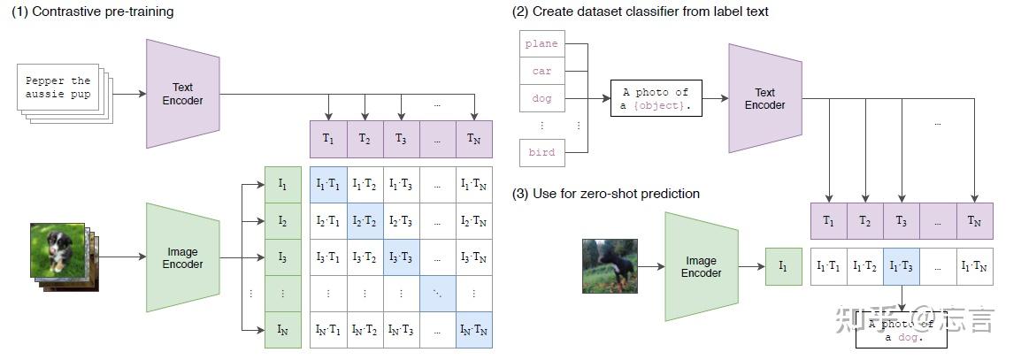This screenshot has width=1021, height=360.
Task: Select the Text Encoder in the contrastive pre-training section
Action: (x=182, y=94)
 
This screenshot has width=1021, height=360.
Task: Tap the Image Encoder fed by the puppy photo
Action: (x=182, y=257)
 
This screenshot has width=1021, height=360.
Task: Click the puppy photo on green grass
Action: (x=58, y=249)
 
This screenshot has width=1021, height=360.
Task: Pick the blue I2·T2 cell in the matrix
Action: (x=364, y=221)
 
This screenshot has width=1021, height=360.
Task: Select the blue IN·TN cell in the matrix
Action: (x=473, y=331)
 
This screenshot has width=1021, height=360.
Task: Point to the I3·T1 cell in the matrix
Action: (x=327, y=257)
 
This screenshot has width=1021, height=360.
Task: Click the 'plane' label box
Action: (x=541, y=43)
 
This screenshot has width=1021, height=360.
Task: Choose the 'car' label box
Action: (x=541, y=71)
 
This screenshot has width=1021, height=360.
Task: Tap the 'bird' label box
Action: (x=541, y=152)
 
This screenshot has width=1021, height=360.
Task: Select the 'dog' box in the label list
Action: (x=541, y=98)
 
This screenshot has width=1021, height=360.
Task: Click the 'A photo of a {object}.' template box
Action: (x=655, y=98)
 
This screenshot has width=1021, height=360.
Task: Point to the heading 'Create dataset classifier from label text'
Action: (x=641, y=11)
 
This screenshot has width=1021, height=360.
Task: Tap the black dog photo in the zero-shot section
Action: (x=610, y=265)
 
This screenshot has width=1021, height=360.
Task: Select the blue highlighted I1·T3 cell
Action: (x=901, y=266)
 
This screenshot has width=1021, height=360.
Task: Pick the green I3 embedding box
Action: (x=282, y=257)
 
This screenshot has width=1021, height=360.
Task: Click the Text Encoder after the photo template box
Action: (x=764, y=98)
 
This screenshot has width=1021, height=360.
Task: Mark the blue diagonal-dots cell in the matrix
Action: (x=437, y=294)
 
